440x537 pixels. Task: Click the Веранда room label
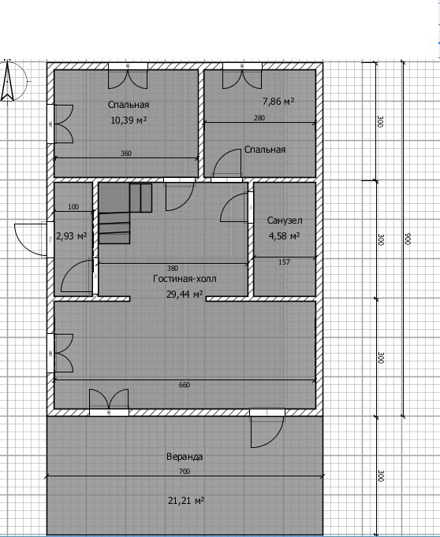pos(185,457)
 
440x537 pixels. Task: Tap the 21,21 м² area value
pos(186,501)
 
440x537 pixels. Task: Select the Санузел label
pos(285,220)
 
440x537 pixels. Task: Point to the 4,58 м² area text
pos(285,236)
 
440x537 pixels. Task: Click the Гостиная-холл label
pos(185,279)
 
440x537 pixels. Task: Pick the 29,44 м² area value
pos(185,294)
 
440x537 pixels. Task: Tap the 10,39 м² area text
pos(129,120)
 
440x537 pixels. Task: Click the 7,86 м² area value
pos(278,102)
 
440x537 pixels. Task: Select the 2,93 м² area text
pos(71,236)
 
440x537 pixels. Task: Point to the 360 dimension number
pos(126,154)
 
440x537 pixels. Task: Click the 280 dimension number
pos(259,118)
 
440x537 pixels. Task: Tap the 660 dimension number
pos(185,385)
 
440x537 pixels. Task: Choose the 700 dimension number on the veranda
pos(185,472)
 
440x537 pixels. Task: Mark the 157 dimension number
pos(285,262)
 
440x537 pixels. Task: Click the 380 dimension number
pos(173,268)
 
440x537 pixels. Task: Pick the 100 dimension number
pos(73,207)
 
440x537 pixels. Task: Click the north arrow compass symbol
pos(8,81)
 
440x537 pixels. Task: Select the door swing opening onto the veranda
pos(267,428)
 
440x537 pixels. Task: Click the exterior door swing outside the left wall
pos(31,239)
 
